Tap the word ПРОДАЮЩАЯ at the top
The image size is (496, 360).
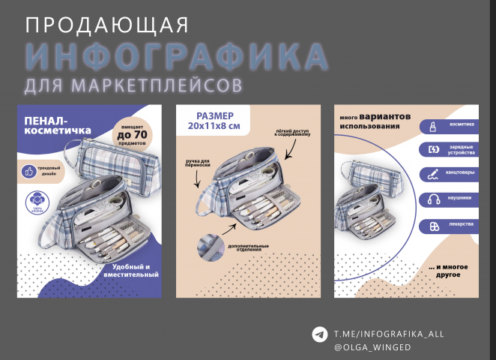tap(106, 25)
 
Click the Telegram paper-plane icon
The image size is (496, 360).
tap(320, 334)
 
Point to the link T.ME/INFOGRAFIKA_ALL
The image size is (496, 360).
tap(389, 333)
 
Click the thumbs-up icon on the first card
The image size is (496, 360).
tap(30, 172)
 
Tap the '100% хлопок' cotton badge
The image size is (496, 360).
tap(33, 201)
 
